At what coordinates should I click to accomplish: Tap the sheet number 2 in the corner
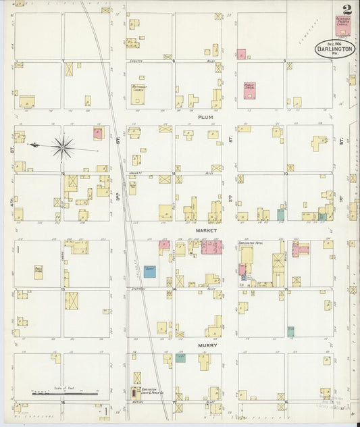(346, 10)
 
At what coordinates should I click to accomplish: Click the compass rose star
(63, 146)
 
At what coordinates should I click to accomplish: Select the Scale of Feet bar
(65, 393)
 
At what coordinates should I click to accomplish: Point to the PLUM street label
(205, 117)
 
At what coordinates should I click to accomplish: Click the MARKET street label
(205, 230)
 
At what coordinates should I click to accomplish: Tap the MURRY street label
(206, 345)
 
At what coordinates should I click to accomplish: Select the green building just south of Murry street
(180, 358)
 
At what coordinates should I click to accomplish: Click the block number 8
(174, 61)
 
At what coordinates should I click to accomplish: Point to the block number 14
(175, 288)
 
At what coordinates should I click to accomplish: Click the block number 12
(63, 174)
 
